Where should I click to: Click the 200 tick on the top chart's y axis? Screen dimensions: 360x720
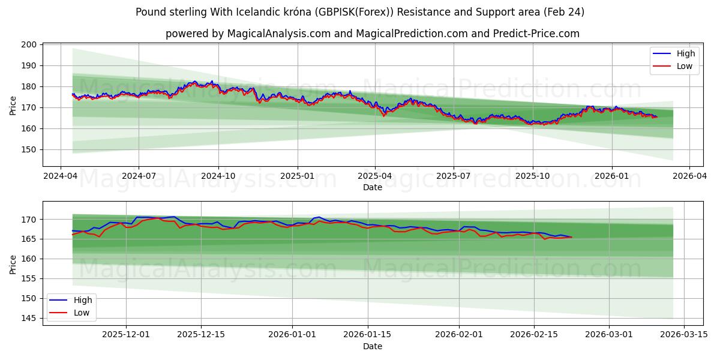[29, 45]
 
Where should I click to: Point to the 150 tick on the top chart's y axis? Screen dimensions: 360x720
[29, 150]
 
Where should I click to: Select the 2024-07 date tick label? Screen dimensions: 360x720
[139, 176]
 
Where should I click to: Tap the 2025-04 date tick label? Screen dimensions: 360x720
[375, 176]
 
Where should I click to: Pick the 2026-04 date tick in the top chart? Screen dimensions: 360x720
[689, 176]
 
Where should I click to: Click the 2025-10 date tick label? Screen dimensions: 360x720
[533, 176]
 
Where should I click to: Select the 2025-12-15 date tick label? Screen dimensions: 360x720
[200, 335]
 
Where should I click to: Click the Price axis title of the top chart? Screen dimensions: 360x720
[13, 104]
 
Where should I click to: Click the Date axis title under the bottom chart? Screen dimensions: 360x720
[373, 346]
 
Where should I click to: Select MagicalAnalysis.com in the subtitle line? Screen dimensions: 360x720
[278, 34]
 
